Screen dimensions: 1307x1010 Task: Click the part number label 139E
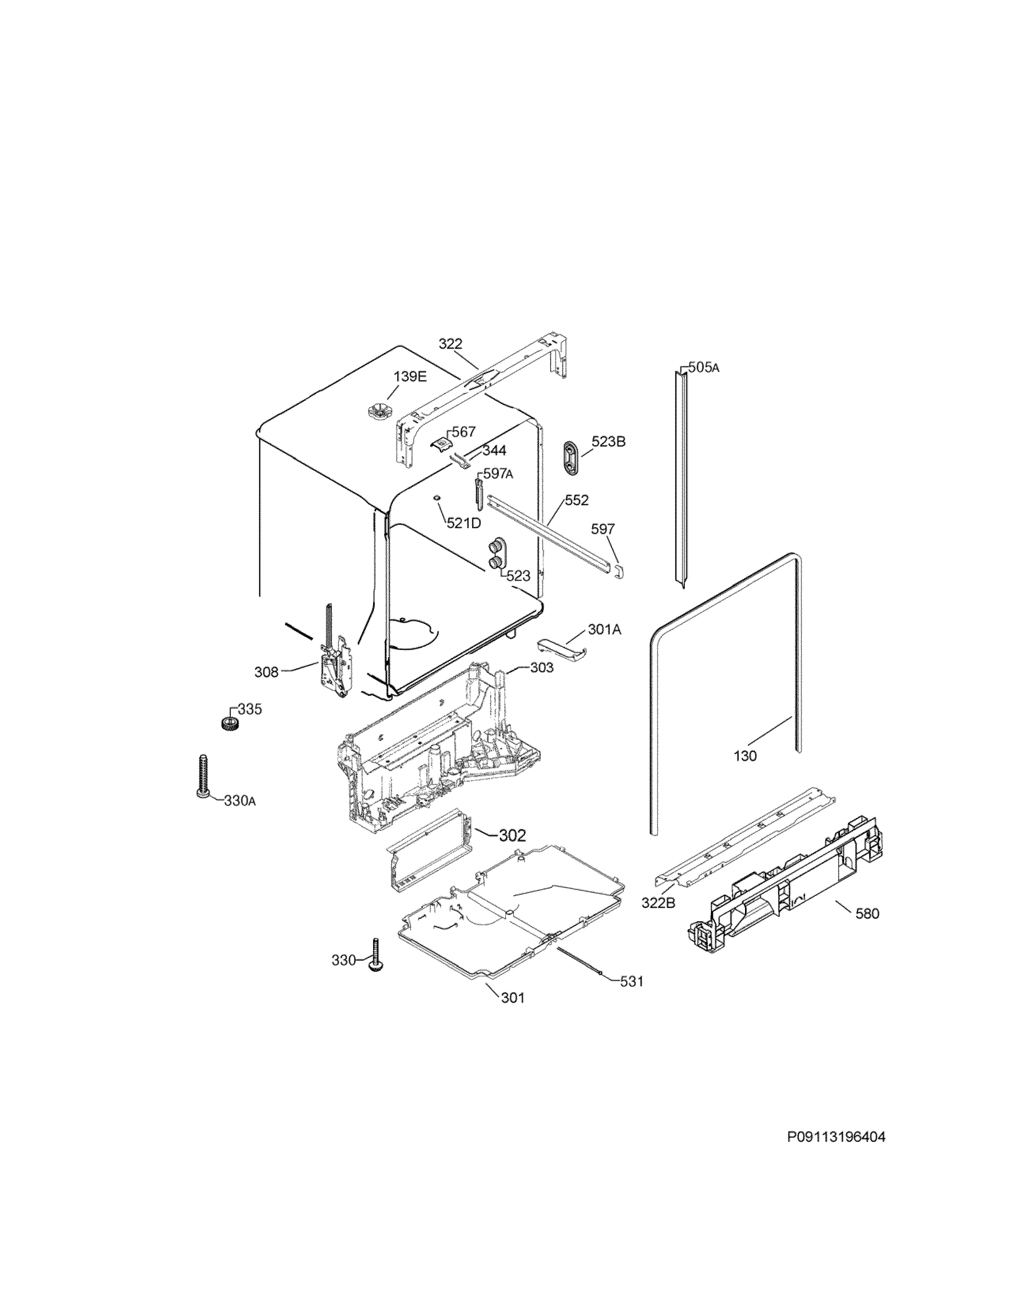(410, 376)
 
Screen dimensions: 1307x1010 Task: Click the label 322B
(658, 919)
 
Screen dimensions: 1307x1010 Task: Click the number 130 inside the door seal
(745, 756)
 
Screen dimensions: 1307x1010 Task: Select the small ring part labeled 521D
(436, 498)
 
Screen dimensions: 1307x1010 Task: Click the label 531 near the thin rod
(632, 981)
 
